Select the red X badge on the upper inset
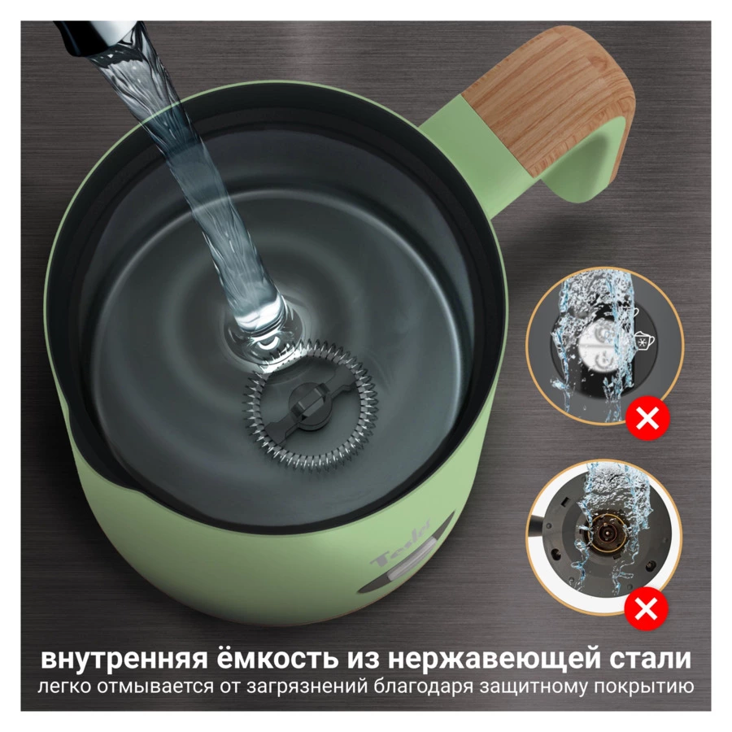(647, 420)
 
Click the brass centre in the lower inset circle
(605, 533)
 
